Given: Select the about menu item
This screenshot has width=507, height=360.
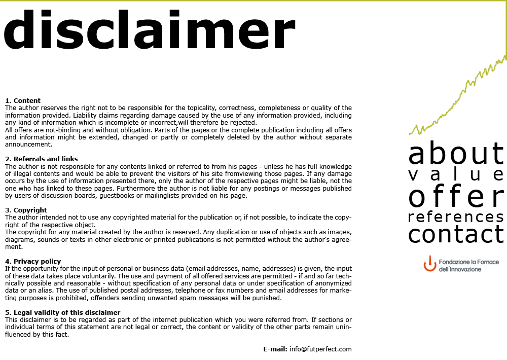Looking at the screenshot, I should (456, 153).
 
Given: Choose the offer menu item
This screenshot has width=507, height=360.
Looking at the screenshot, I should (456, 197).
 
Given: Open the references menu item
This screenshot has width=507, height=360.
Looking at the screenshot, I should (456, 218).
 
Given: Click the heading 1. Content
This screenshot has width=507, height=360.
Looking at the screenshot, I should (23, 101).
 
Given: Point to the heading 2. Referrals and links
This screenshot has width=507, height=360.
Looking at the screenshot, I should (42, 159).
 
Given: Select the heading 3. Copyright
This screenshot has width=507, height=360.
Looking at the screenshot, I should (26, 210).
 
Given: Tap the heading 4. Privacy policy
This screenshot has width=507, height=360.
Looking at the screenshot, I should (33, 262).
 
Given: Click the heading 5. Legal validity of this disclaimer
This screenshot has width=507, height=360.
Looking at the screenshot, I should (63, 313).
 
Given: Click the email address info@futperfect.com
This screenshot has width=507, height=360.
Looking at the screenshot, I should (320, 349).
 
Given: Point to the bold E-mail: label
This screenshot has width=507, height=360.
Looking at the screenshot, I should (275, 349).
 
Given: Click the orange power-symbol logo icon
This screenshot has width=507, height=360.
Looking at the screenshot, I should (429, 264).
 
